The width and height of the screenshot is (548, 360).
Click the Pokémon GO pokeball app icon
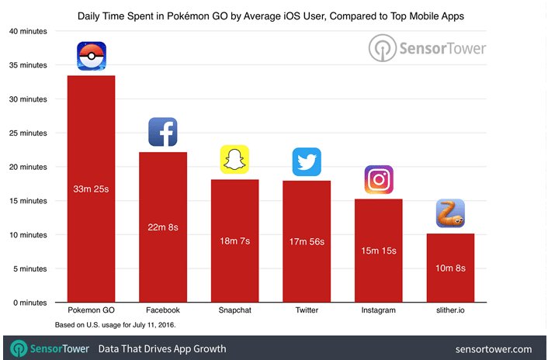coord(92,56)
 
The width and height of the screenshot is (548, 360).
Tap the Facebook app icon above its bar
coord(163,132)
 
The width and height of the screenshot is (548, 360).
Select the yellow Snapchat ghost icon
coord(234,160)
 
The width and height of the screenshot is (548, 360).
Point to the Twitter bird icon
coord(307,161)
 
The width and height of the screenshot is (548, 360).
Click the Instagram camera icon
coord(378,180)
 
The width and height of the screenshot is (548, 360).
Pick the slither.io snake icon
coord(450,213)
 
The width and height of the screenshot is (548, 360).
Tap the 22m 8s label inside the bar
coord(163,227)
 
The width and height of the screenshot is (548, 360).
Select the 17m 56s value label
coord(307,242)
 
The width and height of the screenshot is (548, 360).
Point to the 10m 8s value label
coord(450,268)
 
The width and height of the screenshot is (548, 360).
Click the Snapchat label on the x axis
coord(234,310)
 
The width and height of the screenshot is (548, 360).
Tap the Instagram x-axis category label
coord(378,310)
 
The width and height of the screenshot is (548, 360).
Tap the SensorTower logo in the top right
coord(427,48)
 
